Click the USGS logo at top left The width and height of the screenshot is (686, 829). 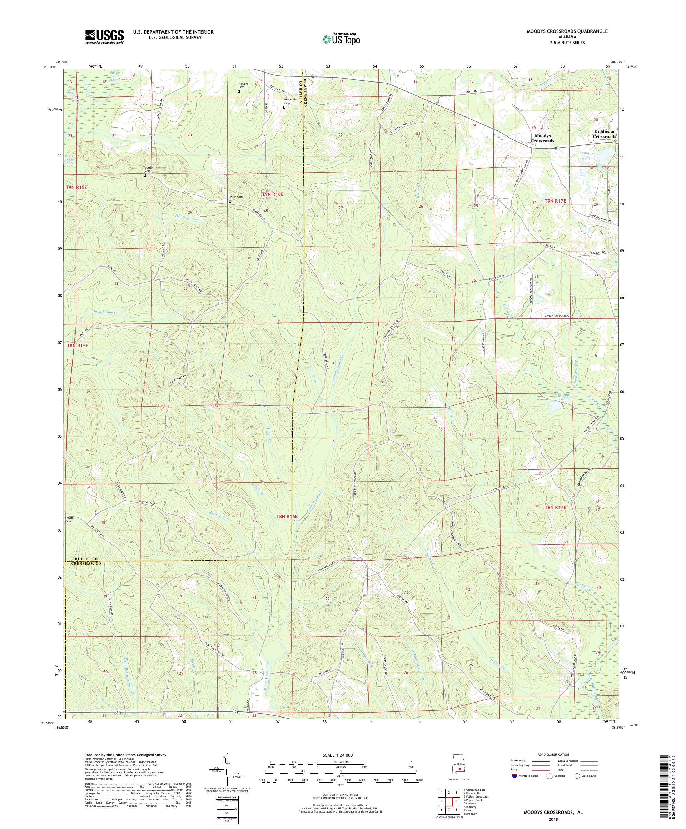click(x=105, y=37)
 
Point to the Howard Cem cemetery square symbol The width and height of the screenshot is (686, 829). click(x=238, y=91)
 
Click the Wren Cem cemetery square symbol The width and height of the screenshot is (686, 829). click(x=230, y=201)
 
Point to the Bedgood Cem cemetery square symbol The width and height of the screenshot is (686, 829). click(x=284, y=106)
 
